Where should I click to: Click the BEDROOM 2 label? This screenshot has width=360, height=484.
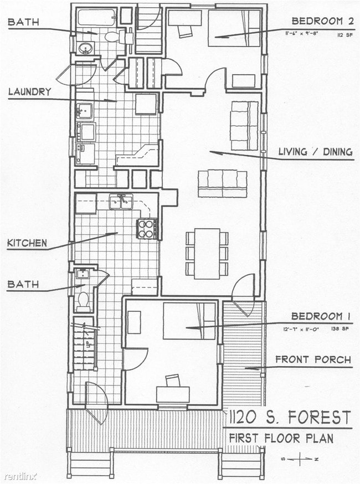(x=322, y=21)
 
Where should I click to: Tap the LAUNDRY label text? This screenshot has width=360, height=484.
(x=30, y=92)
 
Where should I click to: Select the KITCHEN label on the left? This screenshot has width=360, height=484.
(x=27, y=243)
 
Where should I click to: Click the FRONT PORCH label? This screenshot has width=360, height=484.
(x=313, y=360)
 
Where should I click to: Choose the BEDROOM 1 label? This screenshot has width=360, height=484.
(x=322, y=316)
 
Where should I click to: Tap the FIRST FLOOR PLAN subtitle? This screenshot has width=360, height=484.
(x=281, y=438)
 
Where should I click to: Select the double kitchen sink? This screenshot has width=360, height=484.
(x=120, y=202)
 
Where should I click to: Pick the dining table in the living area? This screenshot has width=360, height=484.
(x=207, y=253)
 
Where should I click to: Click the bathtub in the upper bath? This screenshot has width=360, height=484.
(x=96, y=17)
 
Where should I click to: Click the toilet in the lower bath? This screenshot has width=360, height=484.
(x=84, y=301)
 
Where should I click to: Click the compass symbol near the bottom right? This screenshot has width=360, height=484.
(x=299, y=459)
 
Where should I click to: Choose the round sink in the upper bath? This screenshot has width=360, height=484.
(x=85, y=47)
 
